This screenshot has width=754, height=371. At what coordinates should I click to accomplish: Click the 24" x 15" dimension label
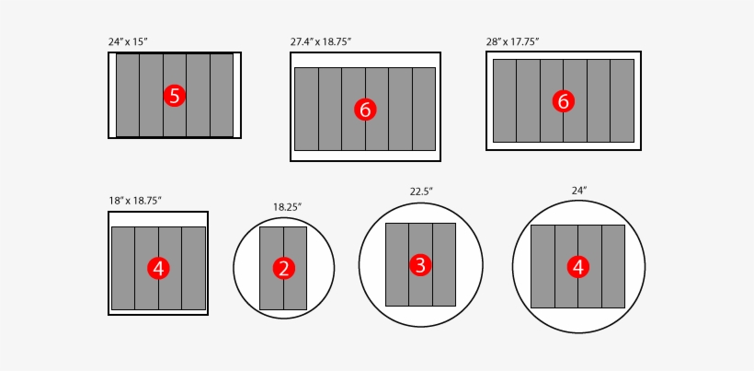click(x=128, y=41)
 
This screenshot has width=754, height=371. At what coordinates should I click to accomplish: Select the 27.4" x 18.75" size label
click(x=321, y=41)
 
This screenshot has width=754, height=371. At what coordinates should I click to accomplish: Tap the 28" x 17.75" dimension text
click(x=512, y=41)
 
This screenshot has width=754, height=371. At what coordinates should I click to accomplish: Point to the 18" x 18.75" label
click(x=135, y=200)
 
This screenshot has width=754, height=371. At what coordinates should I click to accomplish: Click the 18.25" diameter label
click(x=288, y=207)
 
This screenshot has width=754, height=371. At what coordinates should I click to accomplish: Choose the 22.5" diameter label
click(x=421, y=191)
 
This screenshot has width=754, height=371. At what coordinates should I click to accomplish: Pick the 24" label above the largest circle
click(x=579, y=191)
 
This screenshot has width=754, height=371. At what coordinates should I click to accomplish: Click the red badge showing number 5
click(x=175, y=96)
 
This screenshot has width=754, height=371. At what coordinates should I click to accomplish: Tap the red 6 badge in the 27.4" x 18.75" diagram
click(x=365, y=110)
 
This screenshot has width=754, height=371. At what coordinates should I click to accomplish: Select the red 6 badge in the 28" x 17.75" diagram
click(x=564, y=101)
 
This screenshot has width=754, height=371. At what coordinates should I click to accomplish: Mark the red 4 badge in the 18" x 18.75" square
click(x=158, y=269)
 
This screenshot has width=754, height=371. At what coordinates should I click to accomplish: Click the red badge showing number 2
click(x=283, y=269)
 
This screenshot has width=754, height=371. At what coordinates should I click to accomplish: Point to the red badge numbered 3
click(x=420, y=265)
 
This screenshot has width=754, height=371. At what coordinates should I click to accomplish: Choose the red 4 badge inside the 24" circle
click(x=578, y=267)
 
